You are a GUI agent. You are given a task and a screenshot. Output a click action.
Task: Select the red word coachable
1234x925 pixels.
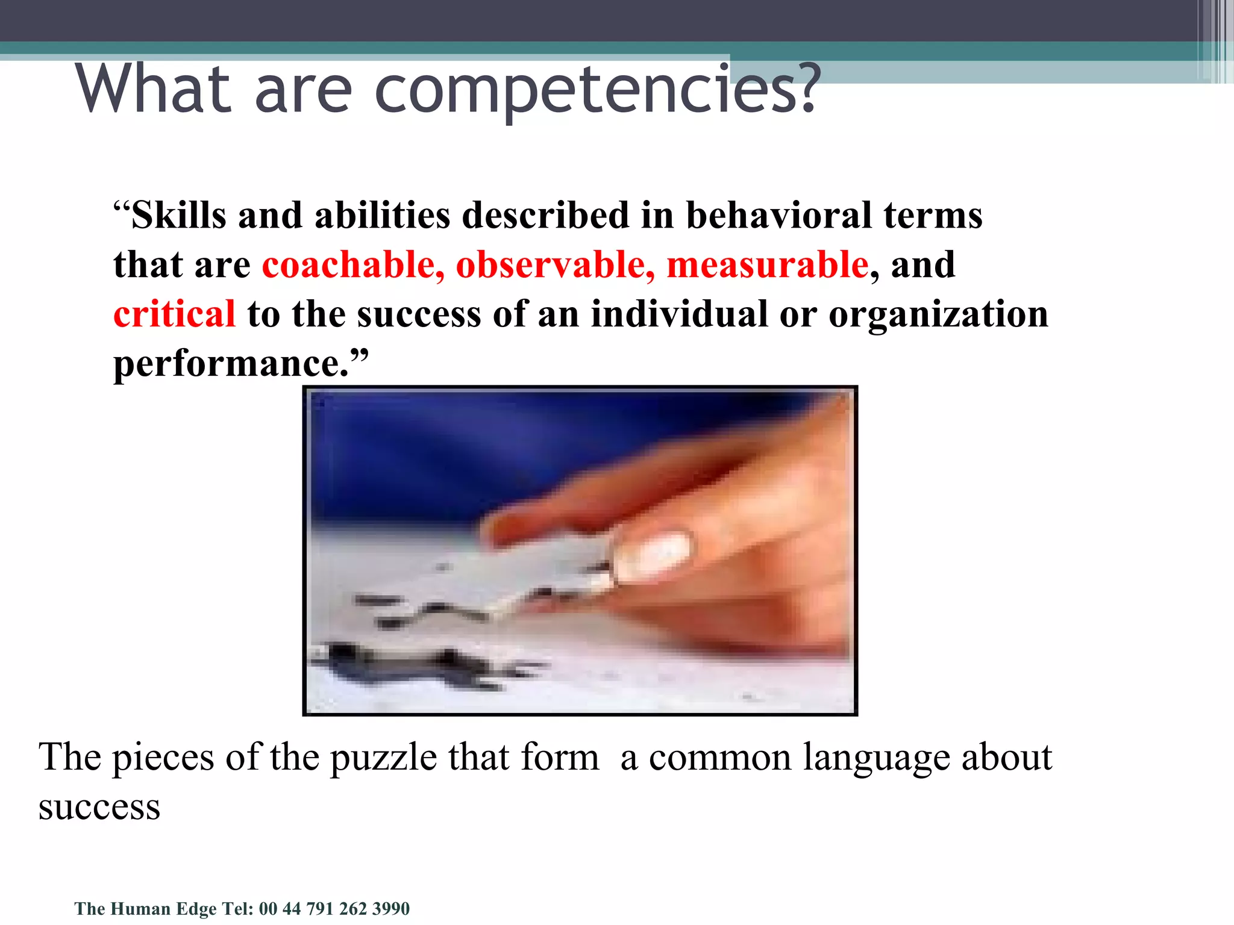353,264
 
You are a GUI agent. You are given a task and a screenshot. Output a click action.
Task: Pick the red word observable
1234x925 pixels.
555,264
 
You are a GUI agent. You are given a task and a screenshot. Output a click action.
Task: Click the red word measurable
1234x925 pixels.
767,264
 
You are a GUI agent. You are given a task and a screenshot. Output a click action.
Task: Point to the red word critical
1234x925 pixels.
174,314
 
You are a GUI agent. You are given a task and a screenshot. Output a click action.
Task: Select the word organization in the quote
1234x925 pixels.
938,314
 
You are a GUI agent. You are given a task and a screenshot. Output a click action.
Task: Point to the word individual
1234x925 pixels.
678,314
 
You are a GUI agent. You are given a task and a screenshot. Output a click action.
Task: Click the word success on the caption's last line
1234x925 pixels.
99,807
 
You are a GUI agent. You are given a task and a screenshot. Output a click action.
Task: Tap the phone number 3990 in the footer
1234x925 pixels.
391,908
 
